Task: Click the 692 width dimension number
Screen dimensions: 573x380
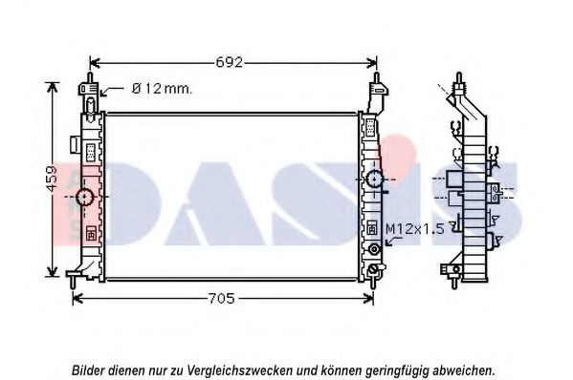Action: coord(230,62)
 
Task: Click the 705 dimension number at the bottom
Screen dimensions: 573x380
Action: coord(221,299)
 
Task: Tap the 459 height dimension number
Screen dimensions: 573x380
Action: coord(52,179)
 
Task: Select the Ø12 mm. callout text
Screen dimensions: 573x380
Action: coord(162,88)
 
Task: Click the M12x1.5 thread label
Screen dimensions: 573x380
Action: coord(415,229)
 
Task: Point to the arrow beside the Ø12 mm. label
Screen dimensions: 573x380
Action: coord(112,91)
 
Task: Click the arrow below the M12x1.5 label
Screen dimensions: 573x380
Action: coord(394,241)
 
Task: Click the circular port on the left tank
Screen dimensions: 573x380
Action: coord(85,197)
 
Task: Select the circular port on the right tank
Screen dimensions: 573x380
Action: coord(375,179)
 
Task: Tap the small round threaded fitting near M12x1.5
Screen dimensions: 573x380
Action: coord(375,249)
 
